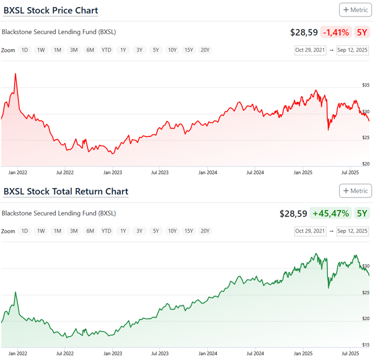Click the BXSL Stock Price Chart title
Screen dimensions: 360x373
tap(50, 10)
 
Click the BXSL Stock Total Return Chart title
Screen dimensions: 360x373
tap(65, 191)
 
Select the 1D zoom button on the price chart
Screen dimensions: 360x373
tap(24, 50)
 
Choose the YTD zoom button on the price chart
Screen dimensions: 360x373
tap(106, 50)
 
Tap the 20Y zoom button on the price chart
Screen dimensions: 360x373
tap(205, 50)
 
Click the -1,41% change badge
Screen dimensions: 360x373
tap(335, 32)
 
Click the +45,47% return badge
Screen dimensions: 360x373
tap(330, 213)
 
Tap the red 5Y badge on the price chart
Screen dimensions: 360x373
tap(361, 32)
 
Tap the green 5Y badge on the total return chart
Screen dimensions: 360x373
tap(361, 213)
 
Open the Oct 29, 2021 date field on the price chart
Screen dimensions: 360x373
tap(310, 50)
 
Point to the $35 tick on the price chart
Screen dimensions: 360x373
tap(366, 85)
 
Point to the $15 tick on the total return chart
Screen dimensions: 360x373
tap(366, 344)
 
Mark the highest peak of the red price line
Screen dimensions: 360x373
tap(15, 74)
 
